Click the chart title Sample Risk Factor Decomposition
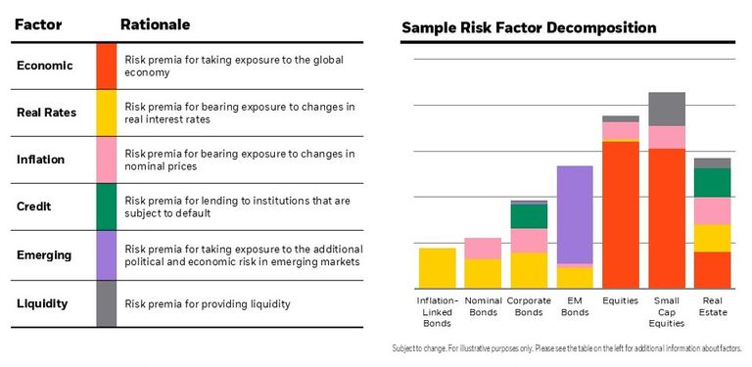point(529,27)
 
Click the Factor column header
point(38,24)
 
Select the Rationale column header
point(155,24)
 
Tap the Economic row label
point(46,66)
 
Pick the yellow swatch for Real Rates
point(107,113)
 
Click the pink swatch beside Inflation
point(107,160)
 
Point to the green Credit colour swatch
point(107,207)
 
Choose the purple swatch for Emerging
point(107,254)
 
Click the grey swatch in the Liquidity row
point(107,303)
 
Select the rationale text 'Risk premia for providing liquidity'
point(208,303)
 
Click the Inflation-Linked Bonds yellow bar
point(437,267)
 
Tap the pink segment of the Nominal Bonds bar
point(483,249)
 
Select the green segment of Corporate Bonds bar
point(529,216)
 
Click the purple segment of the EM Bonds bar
point(575,214)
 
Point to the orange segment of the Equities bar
point(621,213)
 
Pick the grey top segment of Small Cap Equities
point(667,109)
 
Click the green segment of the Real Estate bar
point(712,183)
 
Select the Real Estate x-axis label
point(712,305)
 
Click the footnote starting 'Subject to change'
point(567,348)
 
